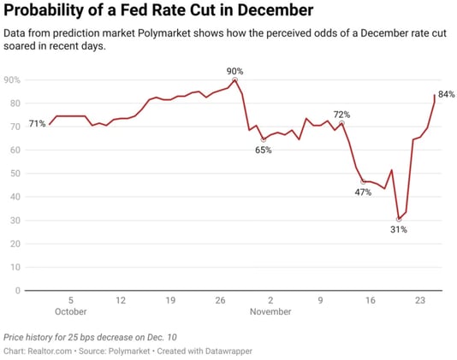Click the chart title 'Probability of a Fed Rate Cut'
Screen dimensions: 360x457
(158, 11)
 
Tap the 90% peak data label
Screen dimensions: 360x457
(234, 71)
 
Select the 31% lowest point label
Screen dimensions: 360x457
(399, 229)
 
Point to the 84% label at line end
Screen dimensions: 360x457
(446, 94)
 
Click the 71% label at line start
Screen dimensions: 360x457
(37, 124)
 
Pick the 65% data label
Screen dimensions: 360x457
(263, 150)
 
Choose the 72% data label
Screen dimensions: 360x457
(341, 114)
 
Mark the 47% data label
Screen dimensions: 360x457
(363, 192)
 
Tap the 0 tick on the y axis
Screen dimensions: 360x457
(17, 290)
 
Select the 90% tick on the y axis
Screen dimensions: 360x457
(12, 80)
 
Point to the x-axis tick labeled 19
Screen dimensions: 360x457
(170, 300)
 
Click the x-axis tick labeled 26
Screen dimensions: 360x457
(220, 300)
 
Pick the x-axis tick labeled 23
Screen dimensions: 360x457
(419, 300)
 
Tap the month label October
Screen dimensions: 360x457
(71, 312)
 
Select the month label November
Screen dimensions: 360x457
(270, 312)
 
